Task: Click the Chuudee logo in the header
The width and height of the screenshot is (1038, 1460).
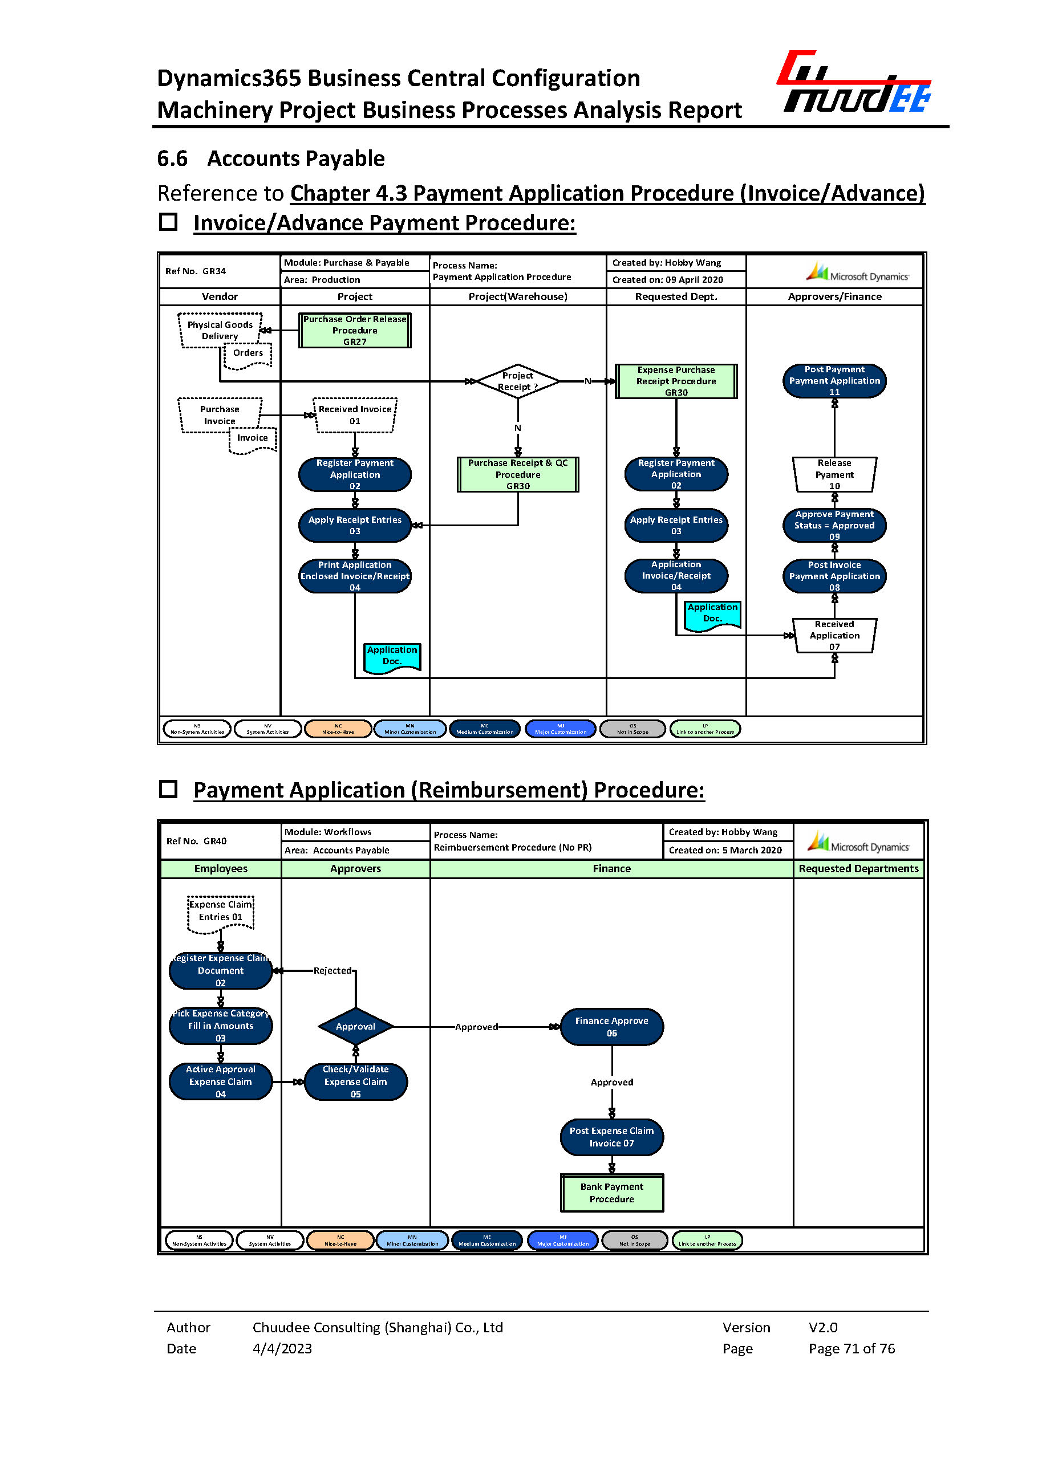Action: (854, 83)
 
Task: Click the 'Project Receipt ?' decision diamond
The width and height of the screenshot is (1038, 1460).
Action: (518, 381)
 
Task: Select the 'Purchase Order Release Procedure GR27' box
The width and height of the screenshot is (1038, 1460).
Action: (355, 330)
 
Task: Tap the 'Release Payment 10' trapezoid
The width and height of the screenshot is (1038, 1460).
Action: (834, 475)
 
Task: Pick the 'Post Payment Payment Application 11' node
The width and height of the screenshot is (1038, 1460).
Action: (834, 381)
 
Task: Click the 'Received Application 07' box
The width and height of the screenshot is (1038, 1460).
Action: (834, 636)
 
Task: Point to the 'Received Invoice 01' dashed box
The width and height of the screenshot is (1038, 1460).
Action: (355, 416)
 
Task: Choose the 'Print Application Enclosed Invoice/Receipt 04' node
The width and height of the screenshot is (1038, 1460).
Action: (355, 576)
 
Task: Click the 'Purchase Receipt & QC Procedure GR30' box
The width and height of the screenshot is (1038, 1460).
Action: (518, 475)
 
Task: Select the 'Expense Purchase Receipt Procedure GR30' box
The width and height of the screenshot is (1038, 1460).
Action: (676, 381)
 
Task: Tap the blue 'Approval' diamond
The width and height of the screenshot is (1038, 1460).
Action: (355, 1027)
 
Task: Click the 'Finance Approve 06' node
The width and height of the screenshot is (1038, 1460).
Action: (611, 1027)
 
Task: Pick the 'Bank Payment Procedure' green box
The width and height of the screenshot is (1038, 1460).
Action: (611, 1193)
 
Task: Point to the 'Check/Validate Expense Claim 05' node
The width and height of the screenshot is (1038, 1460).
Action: (355, 1081)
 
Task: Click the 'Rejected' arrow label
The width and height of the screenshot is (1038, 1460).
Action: (333, 970)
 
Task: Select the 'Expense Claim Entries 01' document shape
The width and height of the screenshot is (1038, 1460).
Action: (221, 912)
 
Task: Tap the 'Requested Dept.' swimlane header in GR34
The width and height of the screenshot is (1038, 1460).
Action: (676, 296)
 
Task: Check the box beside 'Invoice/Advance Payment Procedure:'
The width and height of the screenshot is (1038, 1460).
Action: (168, 222)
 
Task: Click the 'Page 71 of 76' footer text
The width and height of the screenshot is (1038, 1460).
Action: (852, 1348)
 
